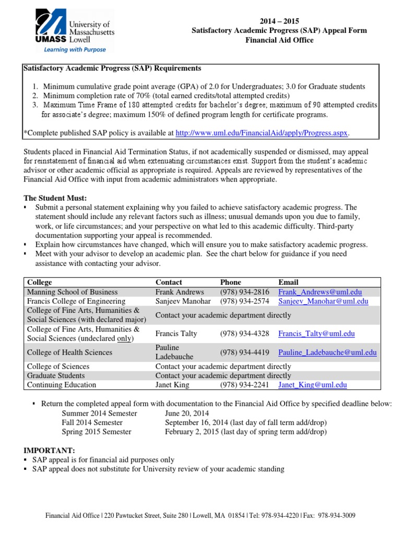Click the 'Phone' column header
coord(231,282)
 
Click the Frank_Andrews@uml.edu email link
coord(320,292)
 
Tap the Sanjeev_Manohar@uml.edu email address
coord(323,301)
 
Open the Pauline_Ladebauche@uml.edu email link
coord(327,353)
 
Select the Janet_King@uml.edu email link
coord(312,385)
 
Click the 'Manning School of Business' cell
coord(72,292)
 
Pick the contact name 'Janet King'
coord(173,385)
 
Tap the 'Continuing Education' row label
coord(62,385)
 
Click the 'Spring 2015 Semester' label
coord(97,432)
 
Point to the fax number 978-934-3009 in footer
coord(338,516)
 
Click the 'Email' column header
coord(288,282)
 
